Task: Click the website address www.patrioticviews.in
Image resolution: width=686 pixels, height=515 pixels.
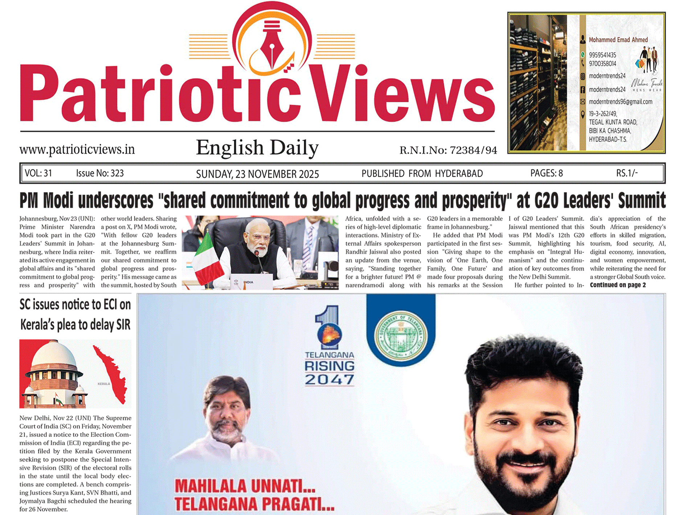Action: coord(77,149)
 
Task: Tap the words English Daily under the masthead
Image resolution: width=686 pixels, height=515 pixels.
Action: coord(257,148)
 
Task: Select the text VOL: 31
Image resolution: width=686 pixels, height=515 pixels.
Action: coord(38,173)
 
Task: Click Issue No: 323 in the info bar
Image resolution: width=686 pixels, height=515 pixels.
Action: coord(100,173)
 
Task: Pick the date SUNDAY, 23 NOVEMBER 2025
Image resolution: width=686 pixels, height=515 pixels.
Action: coord(257,174)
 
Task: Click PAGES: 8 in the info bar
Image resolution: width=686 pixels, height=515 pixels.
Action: coord(546,173)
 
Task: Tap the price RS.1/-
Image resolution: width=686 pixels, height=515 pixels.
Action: coord(627,173)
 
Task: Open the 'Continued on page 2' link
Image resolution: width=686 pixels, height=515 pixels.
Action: coord(618,285)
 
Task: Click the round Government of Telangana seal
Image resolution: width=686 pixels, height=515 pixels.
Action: coord(401,335)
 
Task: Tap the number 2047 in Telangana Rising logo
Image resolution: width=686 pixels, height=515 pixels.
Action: coord(329,380)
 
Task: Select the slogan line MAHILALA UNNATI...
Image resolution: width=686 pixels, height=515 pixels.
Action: coord(245,486)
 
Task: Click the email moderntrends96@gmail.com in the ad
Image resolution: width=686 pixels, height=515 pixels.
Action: coord(620,102)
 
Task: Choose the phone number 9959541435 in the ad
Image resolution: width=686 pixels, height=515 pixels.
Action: coord(602,55)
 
